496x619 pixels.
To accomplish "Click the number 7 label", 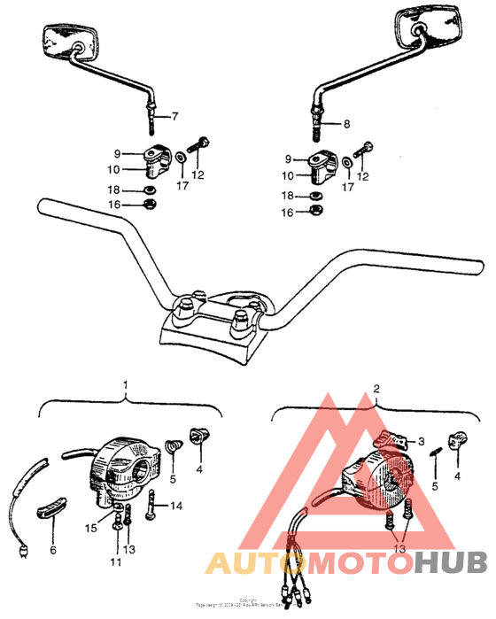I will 174,117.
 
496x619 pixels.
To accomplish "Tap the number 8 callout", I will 346,124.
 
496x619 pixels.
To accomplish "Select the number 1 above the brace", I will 126,385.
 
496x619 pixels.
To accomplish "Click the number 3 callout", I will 422,440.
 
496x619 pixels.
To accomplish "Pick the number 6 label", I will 53,550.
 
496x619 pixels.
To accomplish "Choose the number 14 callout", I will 176,507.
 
